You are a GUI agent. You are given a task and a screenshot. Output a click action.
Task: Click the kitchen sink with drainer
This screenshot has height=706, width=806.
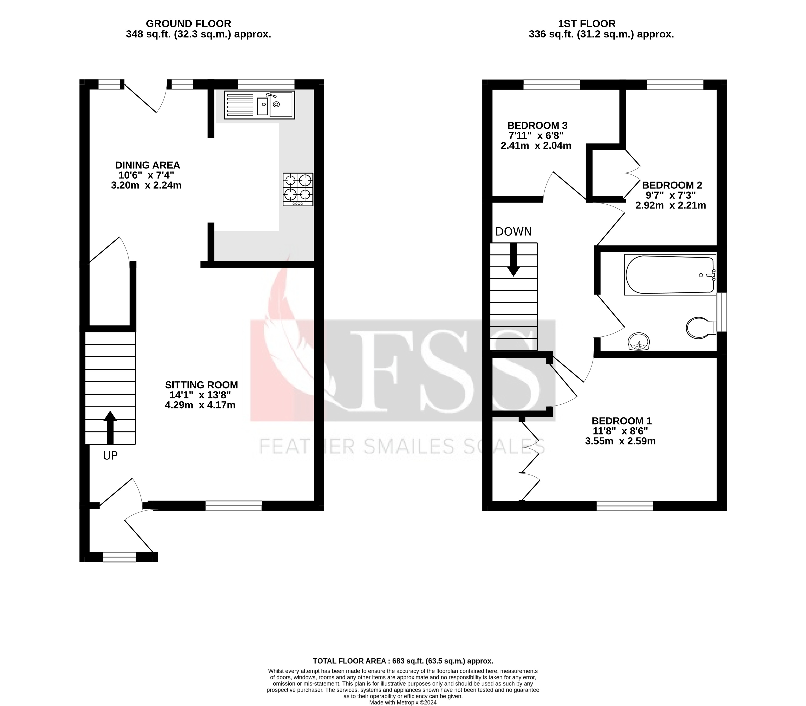click(x=259, y=105)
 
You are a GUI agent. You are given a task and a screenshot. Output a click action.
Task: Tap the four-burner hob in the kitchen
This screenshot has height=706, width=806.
click(x=298, y=189)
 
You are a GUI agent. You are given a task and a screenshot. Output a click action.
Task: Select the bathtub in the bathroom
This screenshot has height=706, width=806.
click(x=670, y=274)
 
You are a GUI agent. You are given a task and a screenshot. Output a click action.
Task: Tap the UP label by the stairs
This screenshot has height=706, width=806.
click(x=110, y=456)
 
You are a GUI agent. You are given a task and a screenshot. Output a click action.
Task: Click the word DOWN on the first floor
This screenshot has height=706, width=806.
click(x=513, y=232)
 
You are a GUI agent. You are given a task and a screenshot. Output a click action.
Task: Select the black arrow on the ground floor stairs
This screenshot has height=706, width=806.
click(x=110, y=427)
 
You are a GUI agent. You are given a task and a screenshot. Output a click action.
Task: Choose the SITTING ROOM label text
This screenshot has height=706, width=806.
click(x=201, y=385)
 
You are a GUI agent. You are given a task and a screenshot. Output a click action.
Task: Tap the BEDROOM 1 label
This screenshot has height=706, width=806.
click(x=621, y=421)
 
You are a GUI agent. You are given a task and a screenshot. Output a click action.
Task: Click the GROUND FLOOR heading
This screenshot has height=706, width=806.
click(x=188, y=24)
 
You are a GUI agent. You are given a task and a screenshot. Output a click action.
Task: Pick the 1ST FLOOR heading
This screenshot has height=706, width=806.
click(x=587, y=24)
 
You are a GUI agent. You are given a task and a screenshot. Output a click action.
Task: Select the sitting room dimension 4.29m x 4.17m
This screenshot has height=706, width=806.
click(x=200, y=405)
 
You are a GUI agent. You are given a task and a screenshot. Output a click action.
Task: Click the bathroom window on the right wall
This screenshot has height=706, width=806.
click(x=721, y=312)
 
